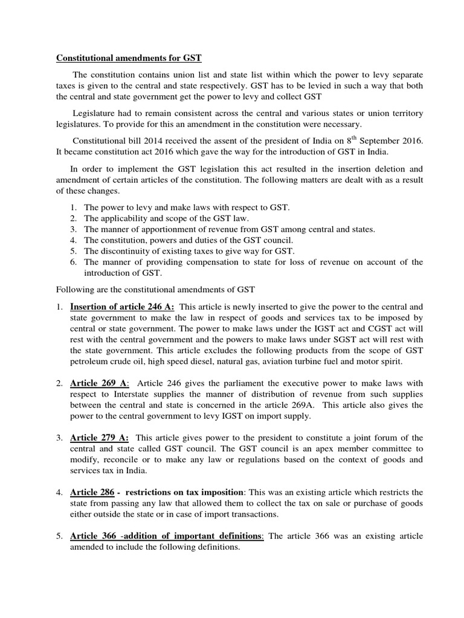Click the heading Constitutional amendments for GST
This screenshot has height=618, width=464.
(129, 59)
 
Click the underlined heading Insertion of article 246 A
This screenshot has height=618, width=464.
(122, 306)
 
